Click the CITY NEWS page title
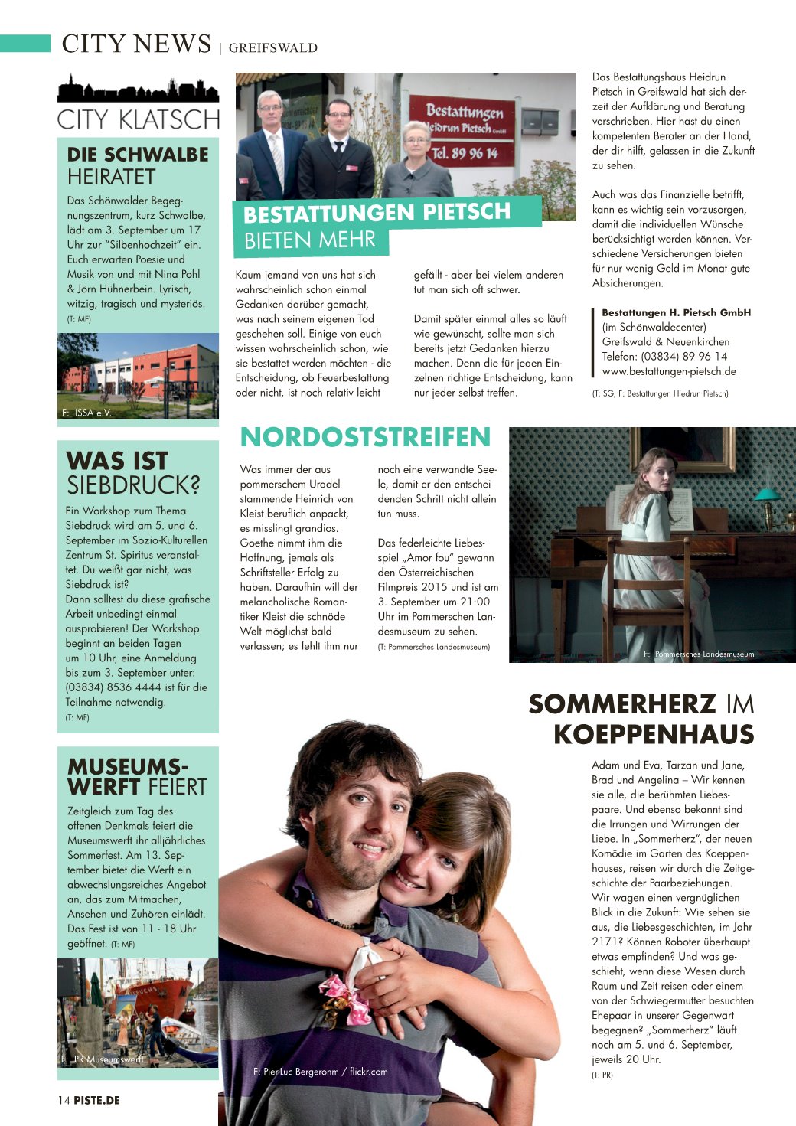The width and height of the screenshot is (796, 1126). point(136,44)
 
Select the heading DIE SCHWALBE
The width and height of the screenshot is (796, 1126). point(138,155)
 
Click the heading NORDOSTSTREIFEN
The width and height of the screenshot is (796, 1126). point(365,437)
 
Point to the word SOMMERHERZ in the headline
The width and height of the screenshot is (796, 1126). point(622,703)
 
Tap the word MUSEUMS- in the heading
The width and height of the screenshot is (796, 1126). point(128,766)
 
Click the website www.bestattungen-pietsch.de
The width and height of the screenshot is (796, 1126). point(669,371)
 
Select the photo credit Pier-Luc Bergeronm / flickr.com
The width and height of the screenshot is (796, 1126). point(320,1072)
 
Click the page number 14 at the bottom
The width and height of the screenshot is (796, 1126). point(64,1100)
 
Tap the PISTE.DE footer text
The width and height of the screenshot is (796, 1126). point(97,1100)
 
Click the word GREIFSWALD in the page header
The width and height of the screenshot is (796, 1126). point(272,47)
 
